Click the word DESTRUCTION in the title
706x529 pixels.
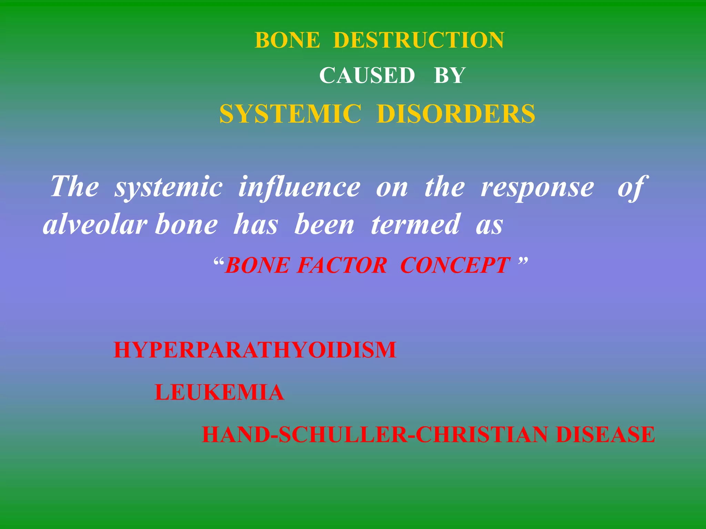418,40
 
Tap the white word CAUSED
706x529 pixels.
367,75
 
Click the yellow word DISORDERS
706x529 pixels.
456,114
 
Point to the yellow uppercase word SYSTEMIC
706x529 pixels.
290,114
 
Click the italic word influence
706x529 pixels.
299,187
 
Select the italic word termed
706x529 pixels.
415,225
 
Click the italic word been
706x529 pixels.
324,225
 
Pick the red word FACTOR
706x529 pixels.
342,266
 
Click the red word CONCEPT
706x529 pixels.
455,266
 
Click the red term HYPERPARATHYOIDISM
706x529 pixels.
255,350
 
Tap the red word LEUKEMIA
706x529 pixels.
219,393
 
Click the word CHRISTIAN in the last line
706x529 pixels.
482,435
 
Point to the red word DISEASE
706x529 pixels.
605,435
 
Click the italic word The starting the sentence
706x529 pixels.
74,187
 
